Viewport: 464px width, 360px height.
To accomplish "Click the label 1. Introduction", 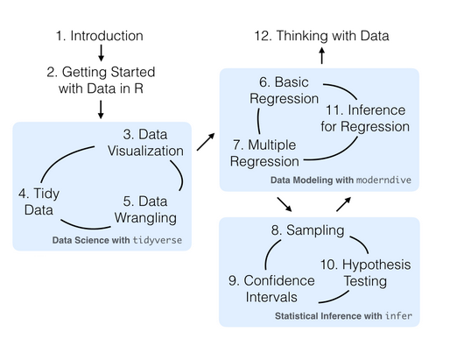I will point(99,36).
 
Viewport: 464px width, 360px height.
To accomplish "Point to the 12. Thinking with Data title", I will point(321,36).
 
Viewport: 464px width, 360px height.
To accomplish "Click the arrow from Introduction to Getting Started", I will point(101,56).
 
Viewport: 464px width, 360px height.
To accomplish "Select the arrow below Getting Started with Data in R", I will point(101,108).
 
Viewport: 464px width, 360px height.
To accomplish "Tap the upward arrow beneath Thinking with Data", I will point(321,56).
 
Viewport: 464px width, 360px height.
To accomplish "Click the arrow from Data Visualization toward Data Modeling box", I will point(207,142).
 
